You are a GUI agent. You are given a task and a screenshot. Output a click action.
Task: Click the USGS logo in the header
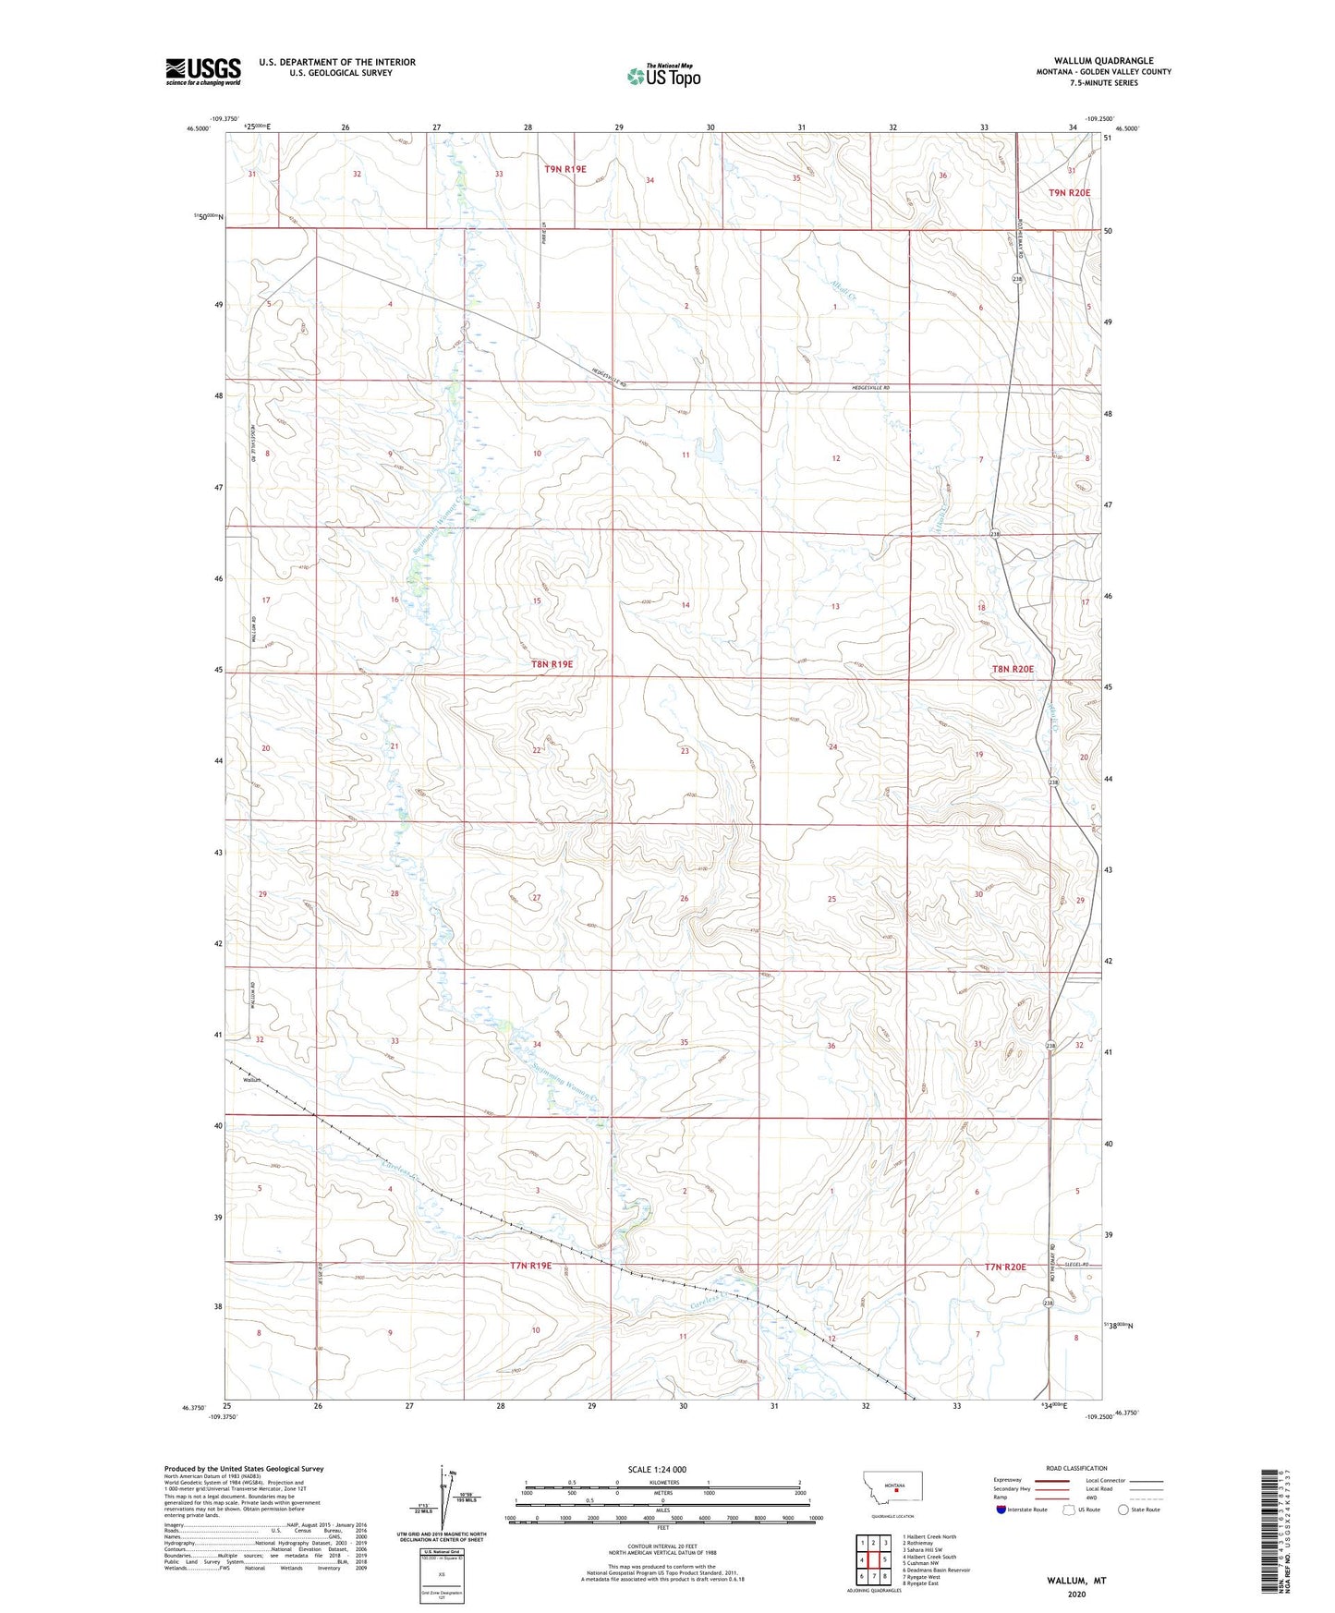(202, 71)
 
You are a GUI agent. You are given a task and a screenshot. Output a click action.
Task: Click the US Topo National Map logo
(663, 75)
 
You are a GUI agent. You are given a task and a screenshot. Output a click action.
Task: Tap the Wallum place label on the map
(252, 1080)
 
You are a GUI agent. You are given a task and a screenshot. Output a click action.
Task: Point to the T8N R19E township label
(552, 664)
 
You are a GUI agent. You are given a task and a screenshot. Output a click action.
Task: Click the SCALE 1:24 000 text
(657, 1470)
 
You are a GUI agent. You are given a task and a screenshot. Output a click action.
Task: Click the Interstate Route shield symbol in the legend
(1001, 1510)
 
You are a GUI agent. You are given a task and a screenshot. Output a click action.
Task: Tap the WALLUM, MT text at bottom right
(1076, 1581)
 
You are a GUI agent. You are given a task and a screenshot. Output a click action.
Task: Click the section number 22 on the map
(537, 750)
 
